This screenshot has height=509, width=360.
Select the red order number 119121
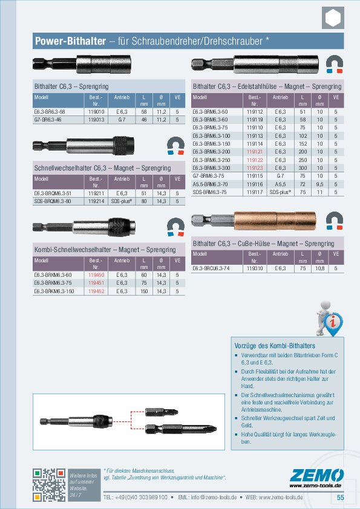255,152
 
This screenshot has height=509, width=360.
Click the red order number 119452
96,291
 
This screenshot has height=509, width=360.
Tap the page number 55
340,497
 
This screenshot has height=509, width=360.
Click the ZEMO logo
316,476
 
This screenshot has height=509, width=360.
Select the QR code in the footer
49,484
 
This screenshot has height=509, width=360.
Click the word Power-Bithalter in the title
68,41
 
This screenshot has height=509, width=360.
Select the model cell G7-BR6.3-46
49,120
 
